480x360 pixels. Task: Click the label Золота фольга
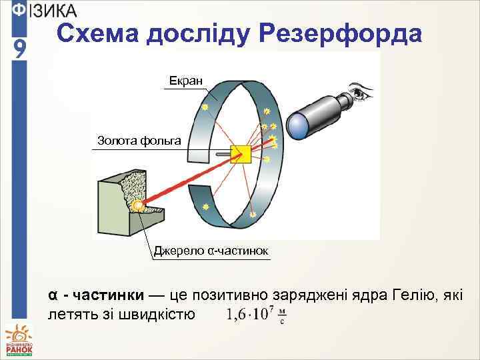(x=139, y=140)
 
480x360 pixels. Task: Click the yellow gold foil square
(x=239, y=154)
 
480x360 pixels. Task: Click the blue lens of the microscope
(x=297, y=125)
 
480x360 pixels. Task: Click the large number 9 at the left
(x=20, y=48)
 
